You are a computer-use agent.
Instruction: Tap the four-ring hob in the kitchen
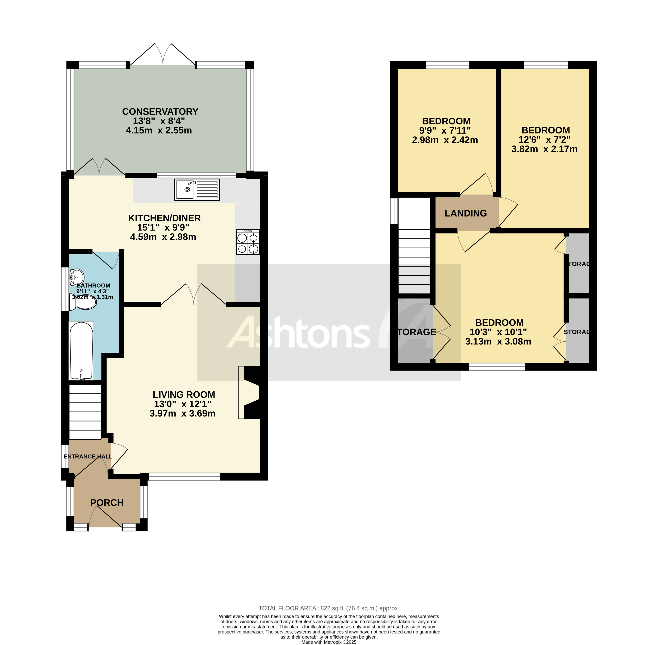click(x=248, y=242)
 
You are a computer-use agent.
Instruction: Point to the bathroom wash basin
click(x=77, y=277)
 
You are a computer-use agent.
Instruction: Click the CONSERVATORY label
click(x=160, y=112)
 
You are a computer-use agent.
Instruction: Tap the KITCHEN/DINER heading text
click(x=164, y=218)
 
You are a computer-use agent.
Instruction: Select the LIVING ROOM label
click(x=183, y=395)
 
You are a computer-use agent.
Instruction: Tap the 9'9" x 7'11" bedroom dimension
click(x=445, y=130)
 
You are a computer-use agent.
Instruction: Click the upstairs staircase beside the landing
click(x=414, y=261)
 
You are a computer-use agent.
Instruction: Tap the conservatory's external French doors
click(x=163, y=56)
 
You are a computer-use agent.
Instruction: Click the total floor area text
click(x=329, y=608)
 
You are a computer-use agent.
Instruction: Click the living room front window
click(x=185, y=477)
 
